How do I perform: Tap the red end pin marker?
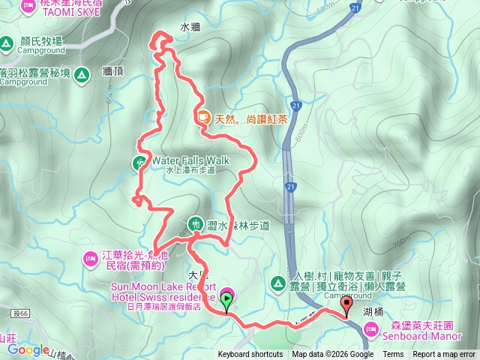346,304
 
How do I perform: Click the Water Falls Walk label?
190,160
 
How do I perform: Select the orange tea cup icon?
203,117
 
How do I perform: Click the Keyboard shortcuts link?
250,355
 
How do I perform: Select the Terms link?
393,355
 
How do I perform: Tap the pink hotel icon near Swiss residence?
226,294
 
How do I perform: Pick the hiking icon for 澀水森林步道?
195,223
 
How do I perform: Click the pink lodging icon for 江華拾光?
88,259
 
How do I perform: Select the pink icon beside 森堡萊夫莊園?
374,328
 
